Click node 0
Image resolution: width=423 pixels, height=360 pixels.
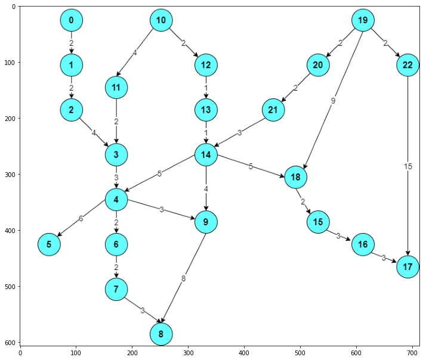(x=71, y=21)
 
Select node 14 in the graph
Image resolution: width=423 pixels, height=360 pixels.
(x=206, y=155)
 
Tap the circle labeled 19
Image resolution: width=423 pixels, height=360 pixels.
(x=362, y=21)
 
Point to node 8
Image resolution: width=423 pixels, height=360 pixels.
(x=161, y=334)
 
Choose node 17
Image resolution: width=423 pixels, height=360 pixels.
(x=407, y=266)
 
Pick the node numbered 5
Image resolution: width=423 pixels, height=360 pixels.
(x=49, y=244)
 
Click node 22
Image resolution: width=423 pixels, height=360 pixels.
(x=407, y=65)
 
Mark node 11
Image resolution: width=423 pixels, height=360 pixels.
(x=116, y=88)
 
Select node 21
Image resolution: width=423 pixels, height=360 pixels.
(x=273, y=110)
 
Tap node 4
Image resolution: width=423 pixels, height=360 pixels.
(x=116, y=200)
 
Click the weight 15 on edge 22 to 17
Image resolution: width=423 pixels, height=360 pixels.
(x=408, y=166)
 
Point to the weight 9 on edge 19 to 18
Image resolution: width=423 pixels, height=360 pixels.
(x=333, y=101)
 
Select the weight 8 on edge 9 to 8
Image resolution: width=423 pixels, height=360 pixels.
(x=184, y=278)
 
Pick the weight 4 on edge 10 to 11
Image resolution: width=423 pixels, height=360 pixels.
(x=134, y=53)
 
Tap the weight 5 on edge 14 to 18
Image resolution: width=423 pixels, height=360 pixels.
(x=251, y=166)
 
